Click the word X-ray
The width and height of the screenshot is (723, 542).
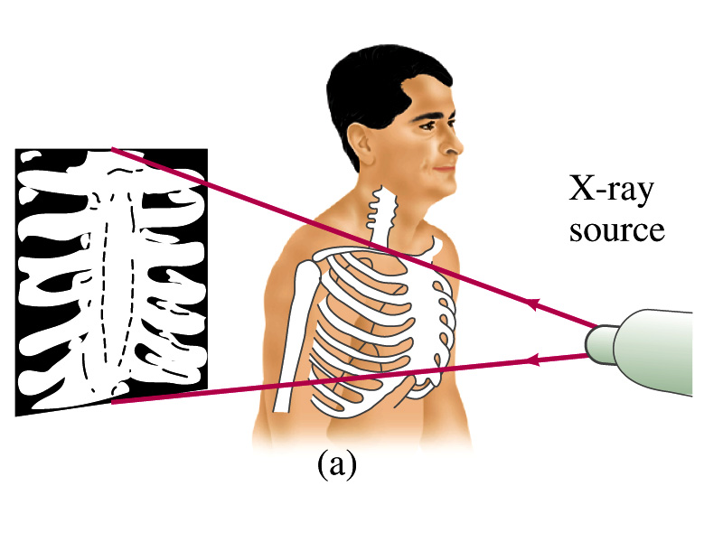[611, 191]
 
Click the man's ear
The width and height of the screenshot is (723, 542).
[361, 139]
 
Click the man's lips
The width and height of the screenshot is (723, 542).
[444, 168]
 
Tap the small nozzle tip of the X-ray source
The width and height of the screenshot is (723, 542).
[596, 343]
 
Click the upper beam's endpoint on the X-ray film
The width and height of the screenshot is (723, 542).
[112, 150]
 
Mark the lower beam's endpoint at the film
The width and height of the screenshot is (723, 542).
[113, 403]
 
